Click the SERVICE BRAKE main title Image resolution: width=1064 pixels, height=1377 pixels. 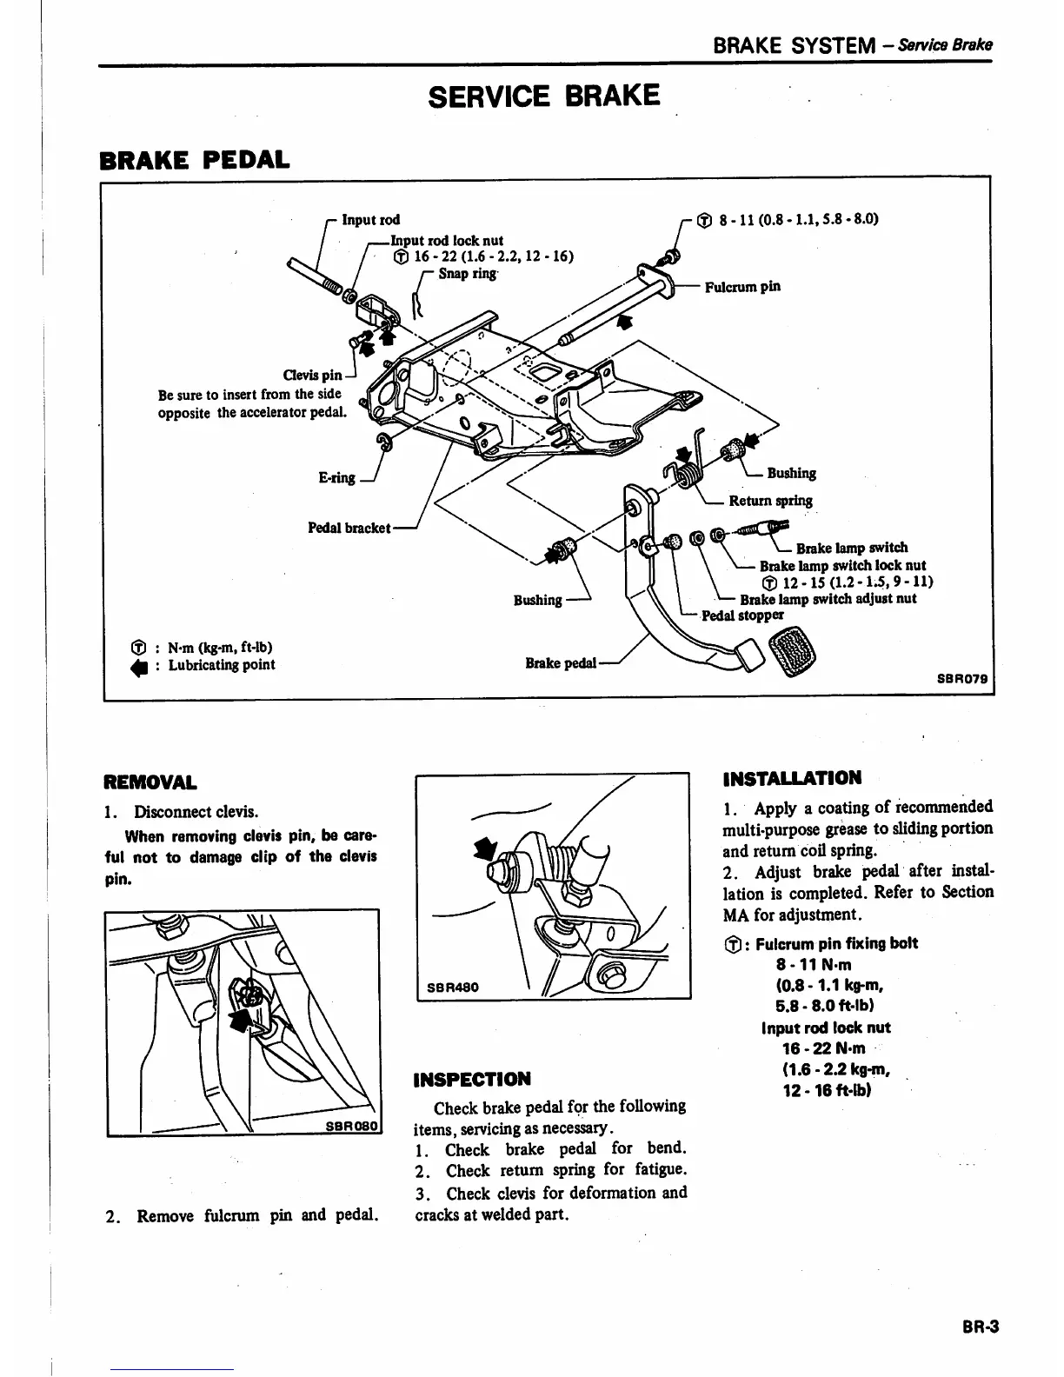(x=545, y=95)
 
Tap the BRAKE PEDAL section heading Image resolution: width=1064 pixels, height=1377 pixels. (x=195, y=161)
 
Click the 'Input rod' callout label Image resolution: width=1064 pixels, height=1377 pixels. (x=370, y=220)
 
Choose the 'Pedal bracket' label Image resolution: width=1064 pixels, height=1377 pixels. (x=349, y=528)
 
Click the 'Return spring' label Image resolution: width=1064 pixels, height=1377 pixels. (x=770, y=501)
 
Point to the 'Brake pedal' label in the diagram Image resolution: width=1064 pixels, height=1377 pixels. (x=561, y=663)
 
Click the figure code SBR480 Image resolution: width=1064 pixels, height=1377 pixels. (x=453, y=988)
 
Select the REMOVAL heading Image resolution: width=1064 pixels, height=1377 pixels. (x=150, y=782)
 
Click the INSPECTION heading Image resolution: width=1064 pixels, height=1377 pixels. (x=472, y=1080)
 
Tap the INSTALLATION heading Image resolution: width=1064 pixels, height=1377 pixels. (x=792, y=778)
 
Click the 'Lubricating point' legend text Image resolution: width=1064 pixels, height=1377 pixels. (x=221, y=665)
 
